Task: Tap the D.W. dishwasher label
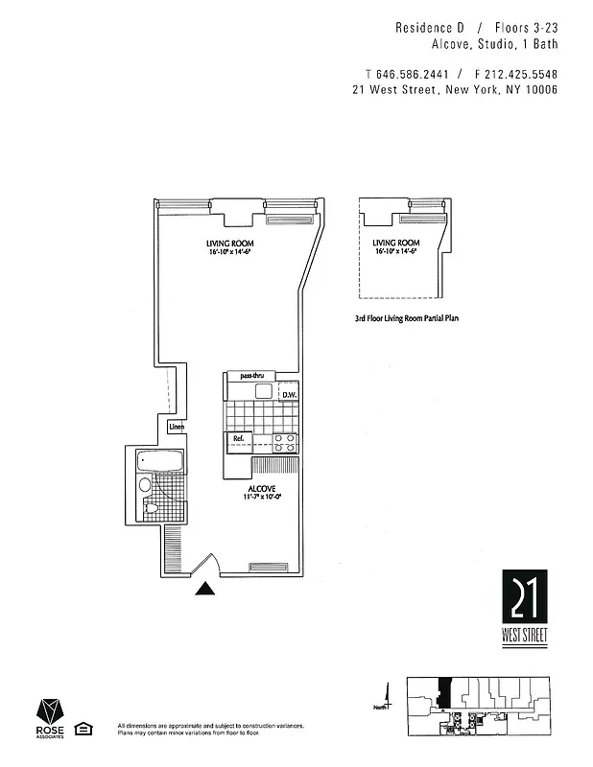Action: pyautogui.click(x=289, y=395)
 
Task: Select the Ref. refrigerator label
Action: pyautogui.click(x=239, y=440)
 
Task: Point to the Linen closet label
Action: pyautogui.click(x=177, y=427)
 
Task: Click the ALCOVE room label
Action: pyautogui.click(x=261, y=489)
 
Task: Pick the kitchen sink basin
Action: pyautogui.click(x=263, y=392)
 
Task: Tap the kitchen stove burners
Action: pyautogui.click(x=285, y=442)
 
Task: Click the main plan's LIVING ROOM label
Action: pyautogui.click(x=229, y=244)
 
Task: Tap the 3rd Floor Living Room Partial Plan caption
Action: pyautogui.click(x=407, y=317)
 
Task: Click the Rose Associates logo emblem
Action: pyautogui.click(x=51, y=711)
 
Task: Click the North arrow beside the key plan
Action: pyautogui.click(x=388, y=697)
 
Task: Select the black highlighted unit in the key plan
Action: pyautogui.click(x=444, y=689)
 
